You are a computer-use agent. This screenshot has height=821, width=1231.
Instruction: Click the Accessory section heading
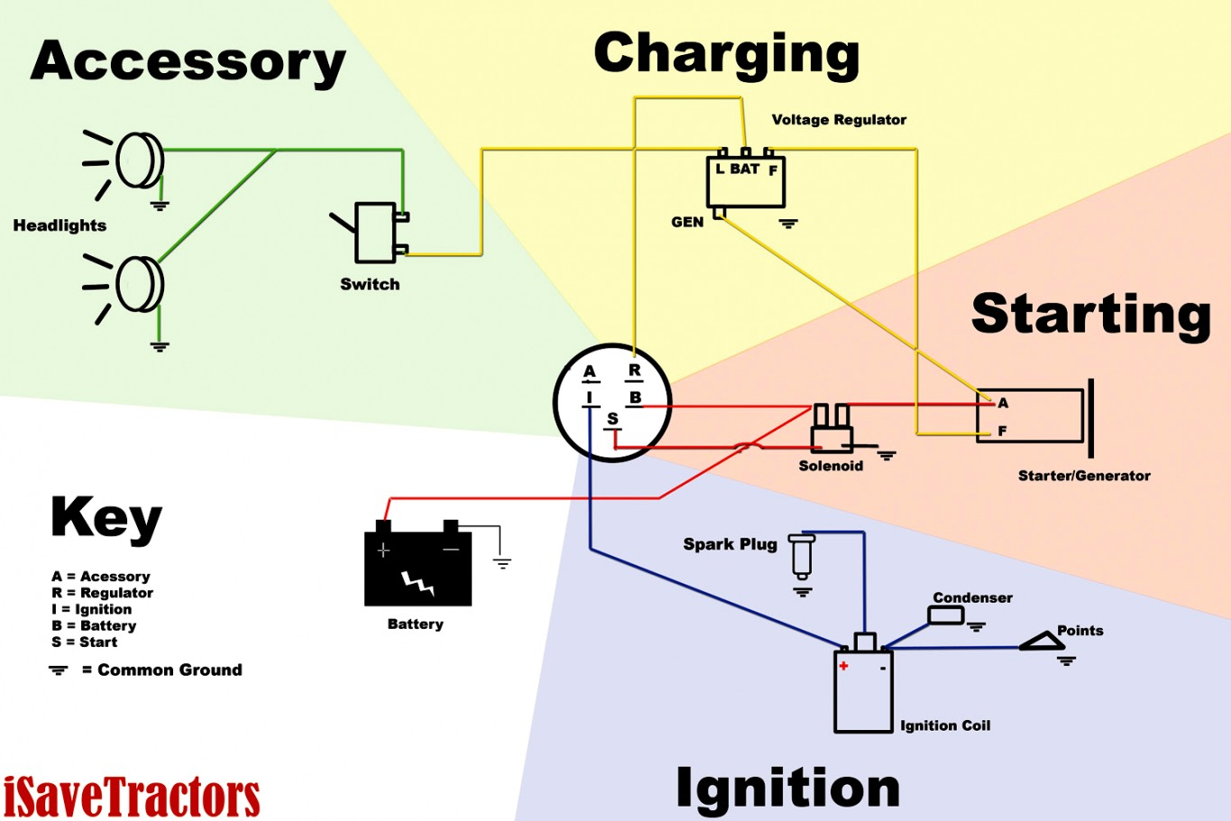188,61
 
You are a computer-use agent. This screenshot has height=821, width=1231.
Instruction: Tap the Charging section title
726,54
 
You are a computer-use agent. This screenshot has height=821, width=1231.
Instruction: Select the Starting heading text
1090,314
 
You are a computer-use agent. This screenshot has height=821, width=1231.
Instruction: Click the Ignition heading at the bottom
787,788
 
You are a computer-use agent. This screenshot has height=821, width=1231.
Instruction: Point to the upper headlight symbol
139,161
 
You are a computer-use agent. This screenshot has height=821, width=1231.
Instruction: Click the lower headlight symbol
139,284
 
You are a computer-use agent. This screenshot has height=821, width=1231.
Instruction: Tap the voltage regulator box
745,180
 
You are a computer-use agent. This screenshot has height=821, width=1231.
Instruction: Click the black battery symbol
418,568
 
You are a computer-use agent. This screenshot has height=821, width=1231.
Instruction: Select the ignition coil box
863,689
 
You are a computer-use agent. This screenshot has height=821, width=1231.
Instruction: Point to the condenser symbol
945,615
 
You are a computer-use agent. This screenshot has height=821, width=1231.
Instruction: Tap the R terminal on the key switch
635,371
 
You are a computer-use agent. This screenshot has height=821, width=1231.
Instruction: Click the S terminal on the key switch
612,419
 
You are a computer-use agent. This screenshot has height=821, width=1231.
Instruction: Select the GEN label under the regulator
687,222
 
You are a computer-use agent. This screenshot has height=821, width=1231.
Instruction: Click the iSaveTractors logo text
132,798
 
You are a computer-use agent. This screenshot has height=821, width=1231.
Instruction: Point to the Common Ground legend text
170,669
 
